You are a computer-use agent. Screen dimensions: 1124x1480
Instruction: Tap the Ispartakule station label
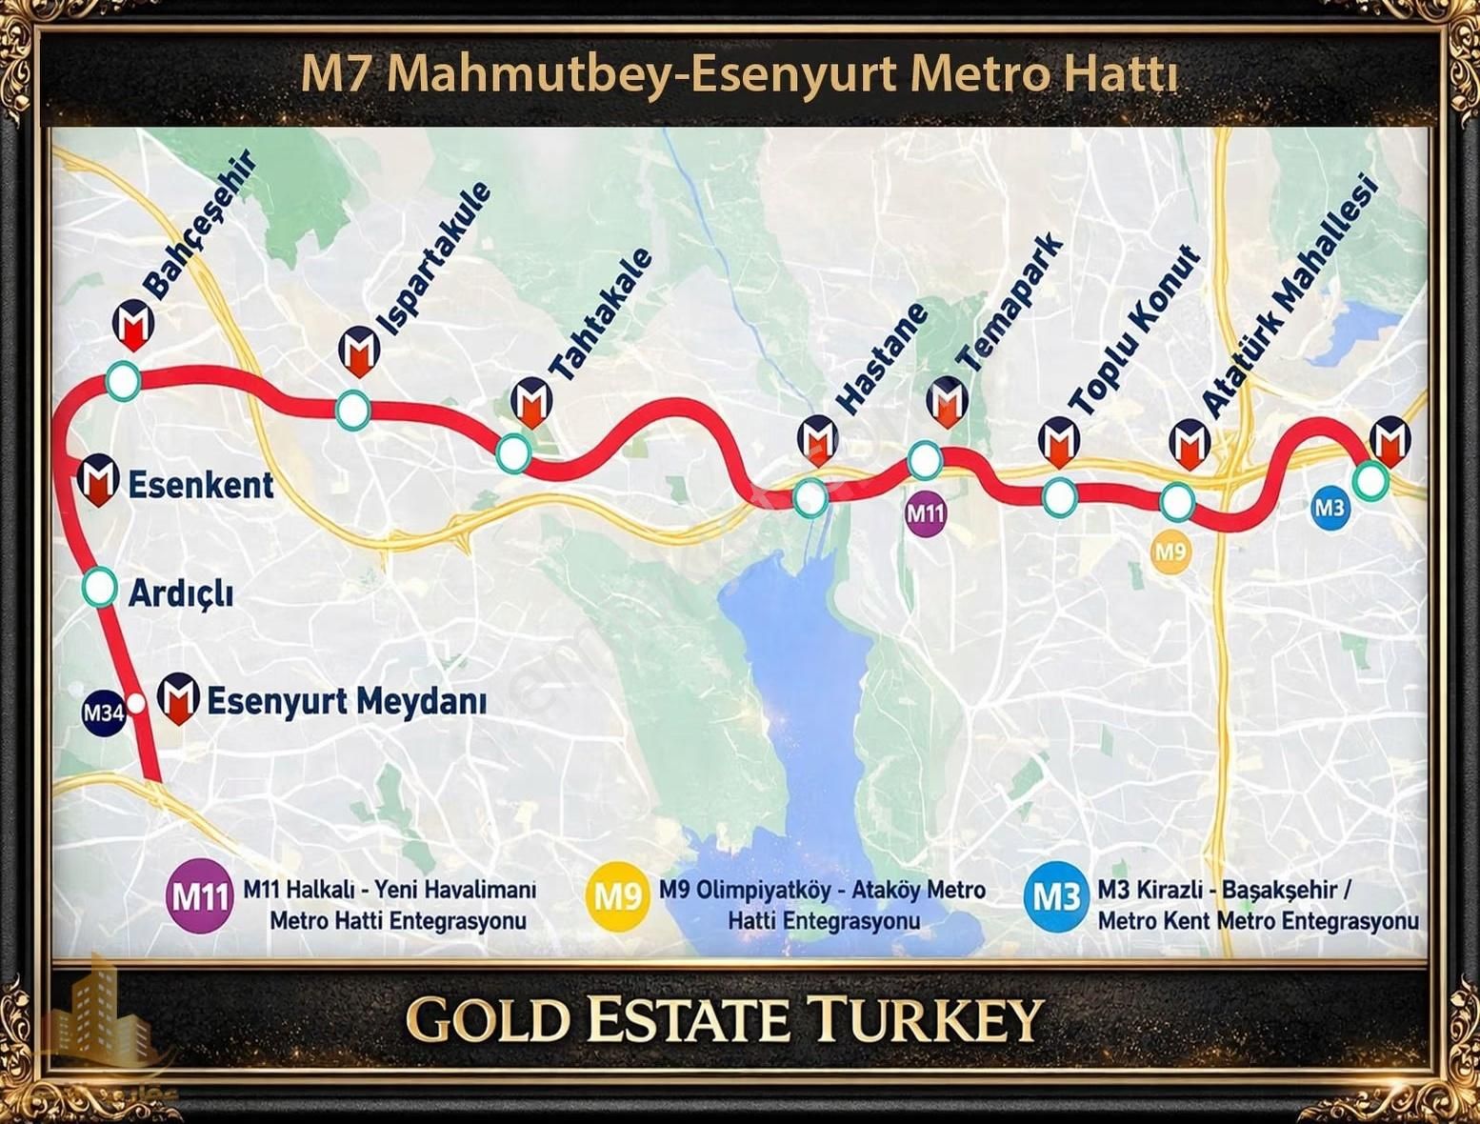[435, 257]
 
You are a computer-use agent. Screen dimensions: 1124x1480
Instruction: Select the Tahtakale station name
[602, 315]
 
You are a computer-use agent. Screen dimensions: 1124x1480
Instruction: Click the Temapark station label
[1010, 303]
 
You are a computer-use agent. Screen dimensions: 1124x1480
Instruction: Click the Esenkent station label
[201, 485]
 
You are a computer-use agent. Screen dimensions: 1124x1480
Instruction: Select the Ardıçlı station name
[181, 593]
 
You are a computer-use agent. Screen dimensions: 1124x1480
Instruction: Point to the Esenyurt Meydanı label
[347, 702]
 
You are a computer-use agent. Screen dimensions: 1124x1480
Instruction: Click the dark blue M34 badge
[103, 713]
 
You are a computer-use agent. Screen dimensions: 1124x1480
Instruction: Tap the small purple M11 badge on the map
[926, 514]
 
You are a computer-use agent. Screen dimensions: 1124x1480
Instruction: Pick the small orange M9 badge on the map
[1170, 552]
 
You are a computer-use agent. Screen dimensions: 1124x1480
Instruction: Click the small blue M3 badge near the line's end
[1330, 508]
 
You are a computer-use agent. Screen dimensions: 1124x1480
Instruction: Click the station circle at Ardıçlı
[99, 588]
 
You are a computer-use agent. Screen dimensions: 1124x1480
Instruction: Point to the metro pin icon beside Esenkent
[97, 480]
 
